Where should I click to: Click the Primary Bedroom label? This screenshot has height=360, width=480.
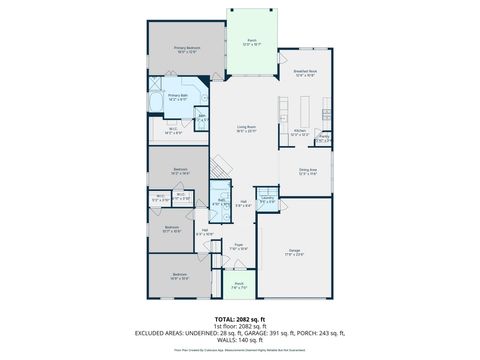187,49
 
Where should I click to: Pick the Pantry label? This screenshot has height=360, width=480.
322,140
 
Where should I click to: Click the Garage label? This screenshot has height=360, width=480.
294,252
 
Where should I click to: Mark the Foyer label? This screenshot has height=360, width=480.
240,247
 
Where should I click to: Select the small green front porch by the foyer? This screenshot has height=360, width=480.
239,285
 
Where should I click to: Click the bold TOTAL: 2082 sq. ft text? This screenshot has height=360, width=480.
240,318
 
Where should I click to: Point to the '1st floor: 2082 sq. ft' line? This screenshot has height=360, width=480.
240,326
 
